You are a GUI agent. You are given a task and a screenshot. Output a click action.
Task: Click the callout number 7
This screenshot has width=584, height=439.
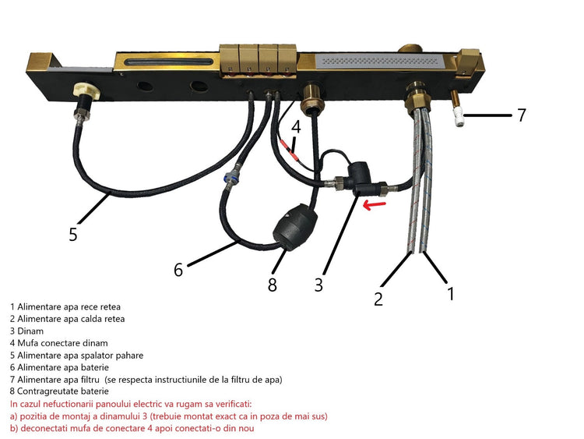pyautogui.click(x=522, y=115)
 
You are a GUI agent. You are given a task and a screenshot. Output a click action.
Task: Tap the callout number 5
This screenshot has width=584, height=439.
pyautogui.click(x=73, y=234)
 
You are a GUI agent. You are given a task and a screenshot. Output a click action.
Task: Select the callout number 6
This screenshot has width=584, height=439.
pyautogui.click(x=178, y=270)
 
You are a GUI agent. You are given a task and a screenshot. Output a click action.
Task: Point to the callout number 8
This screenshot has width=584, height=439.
pyautogui.click(x=273, y=285)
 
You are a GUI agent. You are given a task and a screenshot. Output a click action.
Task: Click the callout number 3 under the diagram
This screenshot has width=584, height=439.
pyautogui.click(x=318, y=285)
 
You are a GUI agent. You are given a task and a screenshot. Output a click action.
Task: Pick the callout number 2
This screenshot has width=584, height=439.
pyautogui.click(x=378, y=299)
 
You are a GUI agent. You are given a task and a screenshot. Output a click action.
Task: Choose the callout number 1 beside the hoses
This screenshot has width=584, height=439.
pyautogui.click(x=451, y=293)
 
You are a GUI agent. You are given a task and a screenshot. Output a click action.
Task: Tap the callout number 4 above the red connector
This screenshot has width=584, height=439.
pyautogui.click(x=296, y=127)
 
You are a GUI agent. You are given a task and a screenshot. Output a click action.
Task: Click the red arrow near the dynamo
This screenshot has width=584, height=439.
pyautogui.click(x=375, y=205)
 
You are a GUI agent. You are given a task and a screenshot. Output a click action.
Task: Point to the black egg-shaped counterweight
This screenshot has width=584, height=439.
pyautogui.click(x=295, y=228)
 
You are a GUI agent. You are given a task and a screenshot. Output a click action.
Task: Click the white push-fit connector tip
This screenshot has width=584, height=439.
pyautogui.click(x=459, y=117)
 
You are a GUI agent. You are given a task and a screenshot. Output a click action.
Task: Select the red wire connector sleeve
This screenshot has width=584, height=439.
pyautogui.click(x=289, y=150)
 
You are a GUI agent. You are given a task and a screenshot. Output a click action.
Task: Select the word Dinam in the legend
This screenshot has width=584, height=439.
pyautogui.click(x=30, y=331)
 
